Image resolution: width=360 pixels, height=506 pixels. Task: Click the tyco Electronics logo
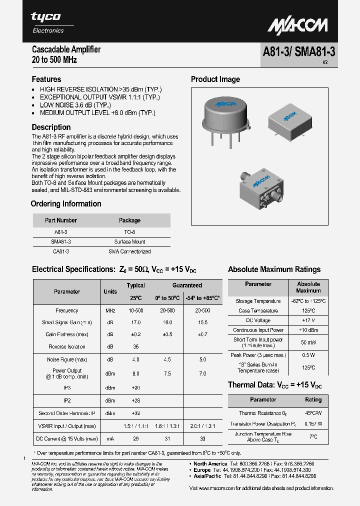(47, 22)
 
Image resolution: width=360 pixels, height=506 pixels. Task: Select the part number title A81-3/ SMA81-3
(298, 53)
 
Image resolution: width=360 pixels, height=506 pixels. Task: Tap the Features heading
(46, 79)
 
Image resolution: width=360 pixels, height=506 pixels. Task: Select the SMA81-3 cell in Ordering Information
(61, 241)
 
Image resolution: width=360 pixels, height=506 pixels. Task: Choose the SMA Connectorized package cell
(129, 251)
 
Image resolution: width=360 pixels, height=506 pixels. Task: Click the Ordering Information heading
(66, 204)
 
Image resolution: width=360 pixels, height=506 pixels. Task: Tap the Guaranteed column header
(187, 285)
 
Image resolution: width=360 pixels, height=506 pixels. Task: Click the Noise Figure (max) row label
(67, 359)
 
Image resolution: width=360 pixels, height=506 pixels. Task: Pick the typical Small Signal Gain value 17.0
(135, 322)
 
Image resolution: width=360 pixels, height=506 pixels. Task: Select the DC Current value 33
(202, 438)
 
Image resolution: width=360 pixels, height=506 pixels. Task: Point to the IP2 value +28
(135, 400)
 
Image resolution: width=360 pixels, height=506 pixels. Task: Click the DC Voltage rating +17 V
(308, 320)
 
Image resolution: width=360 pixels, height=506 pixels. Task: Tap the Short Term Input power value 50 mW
(308, 342)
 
